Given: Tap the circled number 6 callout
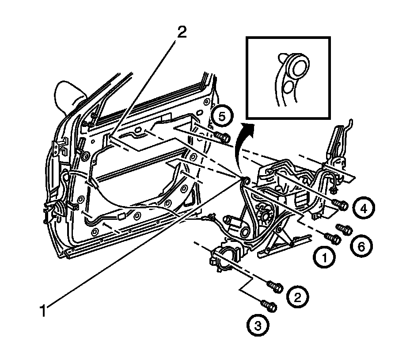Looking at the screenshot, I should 361,246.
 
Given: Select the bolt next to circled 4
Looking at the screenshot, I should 342,204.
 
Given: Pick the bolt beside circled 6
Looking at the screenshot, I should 345,229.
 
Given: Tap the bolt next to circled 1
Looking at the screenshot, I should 333,238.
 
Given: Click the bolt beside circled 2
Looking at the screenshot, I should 275,287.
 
